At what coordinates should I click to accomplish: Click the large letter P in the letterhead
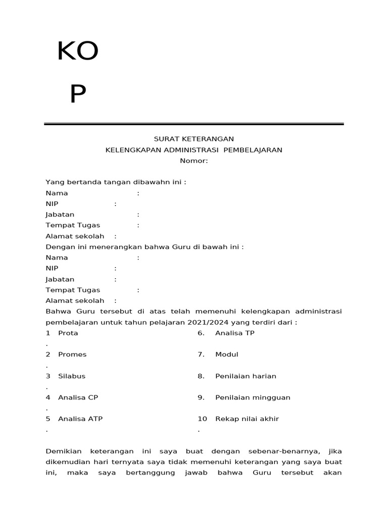tap(78, 94)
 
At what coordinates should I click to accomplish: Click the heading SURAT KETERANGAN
tap(193, 139)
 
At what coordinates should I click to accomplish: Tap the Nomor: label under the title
tap(193, 161)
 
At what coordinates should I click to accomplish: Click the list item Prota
tap(68, 333)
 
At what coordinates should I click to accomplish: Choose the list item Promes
tap(72, 354)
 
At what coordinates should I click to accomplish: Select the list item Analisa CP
tap(78, 397)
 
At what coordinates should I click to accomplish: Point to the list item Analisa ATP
tap(80, 419)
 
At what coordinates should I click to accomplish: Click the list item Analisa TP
tap(235, 333)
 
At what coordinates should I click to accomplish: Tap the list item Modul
tap(226, 354)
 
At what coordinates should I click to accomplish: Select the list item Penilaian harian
tap(246, 376)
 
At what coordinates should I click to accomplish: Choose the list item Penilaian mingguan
tap(253, 397)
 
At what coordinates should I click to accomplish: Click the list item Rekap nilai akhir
tap(247, 419)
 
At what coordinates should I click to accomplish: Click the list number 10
tap(202, 419)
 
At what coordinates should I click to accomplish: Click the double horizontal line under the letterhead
tap(193, 124)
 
